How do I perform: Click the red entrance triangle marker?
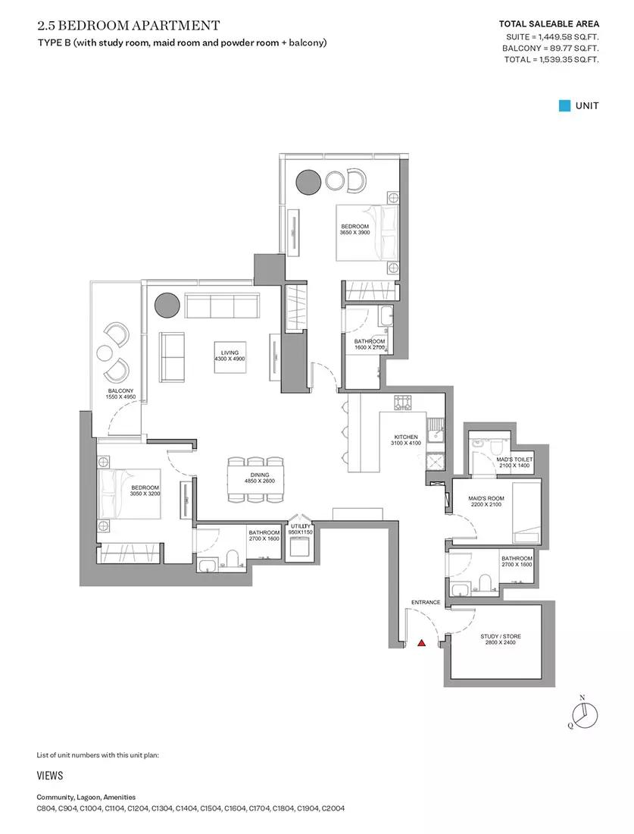pyautogui.click(x=421, y=642)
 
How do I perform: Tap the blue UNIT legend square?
pyautogui.click(x=564, y=106)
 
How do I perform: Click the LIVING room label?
pyautogui.click(x=230, y=353)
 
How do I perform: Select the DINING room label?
pyautogui.click(x=260, y=475)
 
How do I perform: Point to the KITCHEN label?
pyautogui.click(x=406, y=437)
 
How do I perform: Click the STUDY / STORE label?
pyautogui.click(x=501, y=636)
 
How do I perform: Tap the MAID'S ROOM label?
pyautogui.click(x=486, y=498)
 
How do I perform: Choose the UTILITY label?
pyautogui.click(x=300, y=526)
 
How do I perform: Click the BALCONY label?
pyautogui.click(x=120, y=391)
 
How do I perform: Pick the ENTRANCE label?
pyautogui.click(x=426, y=602)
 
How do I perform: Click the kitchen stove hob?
pyautogui.click(x=403, y=403)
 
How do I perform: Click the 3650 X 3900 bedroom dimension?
pyautogui.click(x=354, y=233)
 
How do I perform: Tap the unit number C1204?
pyautogui.click(x=138, y=808)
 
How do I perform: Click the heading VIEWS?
pyautogui.click(x=50, y=776)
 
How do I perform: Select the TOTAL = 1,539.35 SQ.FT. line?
pyautogui.click(x=551, y=60)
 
